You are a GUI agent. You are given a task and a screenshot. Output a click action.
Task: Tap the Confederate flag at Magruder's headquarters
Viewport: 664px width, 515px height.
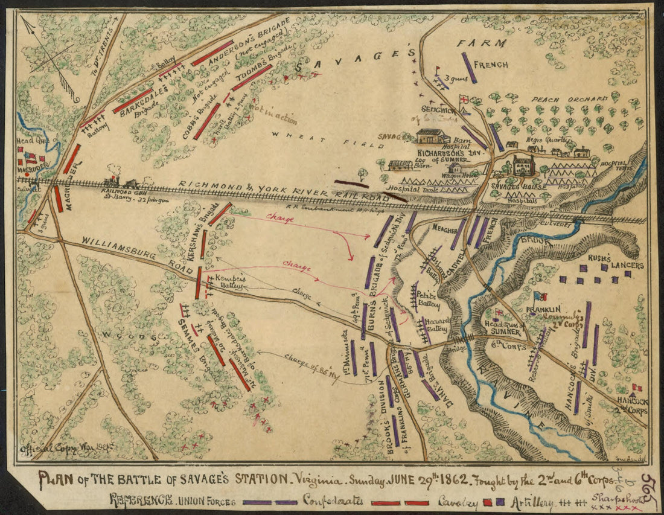click(31, 159)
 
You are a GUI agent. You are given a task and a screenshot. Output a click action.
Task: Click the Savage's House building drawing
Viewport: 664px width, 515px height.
click(523, 165)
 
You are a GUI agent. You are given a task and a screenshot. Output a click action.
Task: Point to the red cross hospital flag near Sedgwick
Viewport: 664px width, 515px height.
click(464, 100)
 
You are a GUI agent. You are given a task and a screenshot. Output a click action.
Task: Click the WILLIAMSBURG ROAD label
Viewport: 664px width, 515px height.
click(130, 250)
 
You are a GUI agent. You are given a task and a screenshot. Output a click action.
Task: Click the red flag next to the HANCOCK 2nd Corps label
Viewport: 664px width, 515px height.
click(636, 388)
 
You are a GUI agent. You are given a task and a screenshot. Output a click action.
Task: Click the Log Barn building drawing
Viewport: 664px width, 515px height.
click(400, 165)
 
